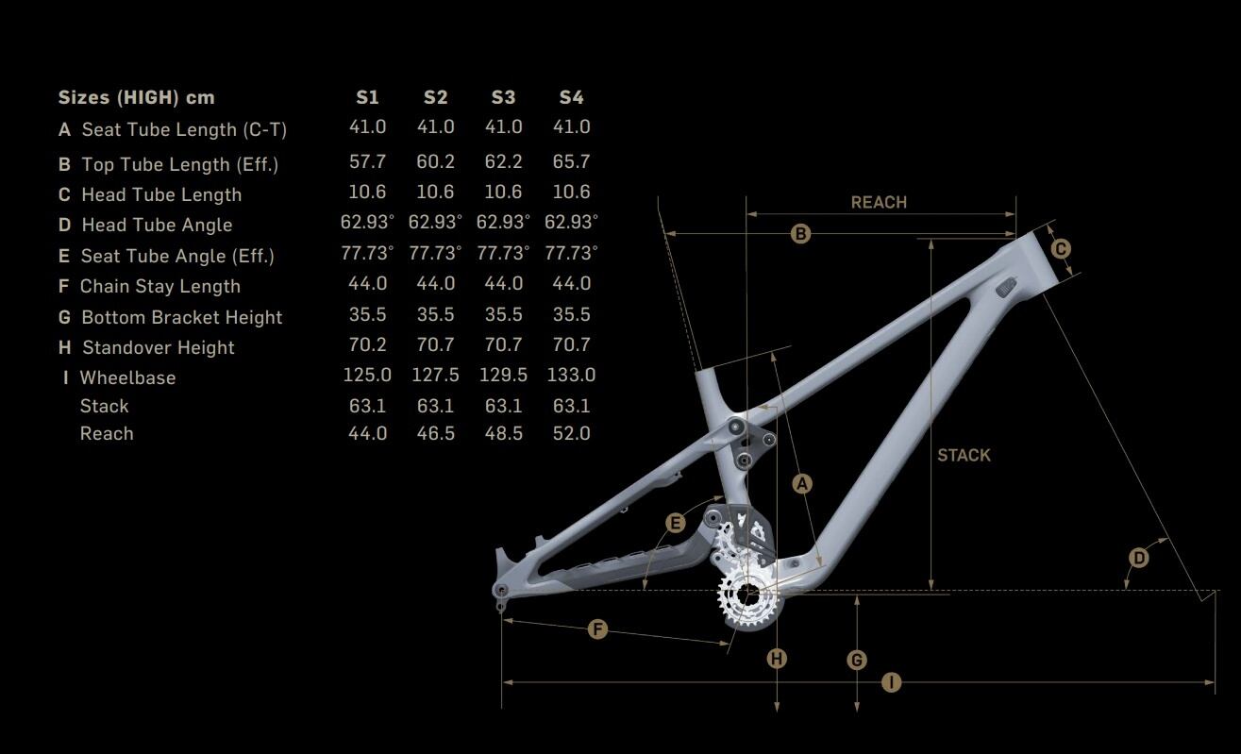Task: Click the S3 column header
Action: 503,97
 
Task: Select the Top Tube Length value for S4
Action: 571,161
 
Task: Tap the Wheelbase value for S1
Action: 367,375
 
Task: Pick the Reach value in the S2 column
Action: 435,433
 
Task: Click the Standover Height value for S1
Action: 367,344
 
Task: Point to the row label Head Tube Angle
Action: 157,225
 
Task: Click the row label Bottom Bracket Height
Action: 181,317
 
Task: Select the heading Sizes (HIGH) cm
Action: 136,97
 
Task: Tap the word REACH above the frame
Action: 879,202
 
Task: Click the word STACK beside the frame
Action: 964,455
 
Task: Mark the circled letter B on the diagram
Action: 800,233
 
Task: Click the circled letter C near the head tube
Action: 1061,248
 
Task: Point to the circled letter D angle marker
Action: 1139,558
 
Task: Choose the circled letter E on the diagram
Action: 675,523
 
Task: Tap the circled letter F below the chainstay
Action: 597,628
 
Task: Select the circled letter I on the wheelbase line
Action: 891,681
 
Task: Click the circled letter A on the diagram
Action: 801,484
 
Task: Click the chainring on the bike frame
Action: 747,595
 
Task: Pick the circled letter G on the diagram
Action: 857,660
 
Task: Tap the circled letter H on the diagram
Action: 777,659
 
